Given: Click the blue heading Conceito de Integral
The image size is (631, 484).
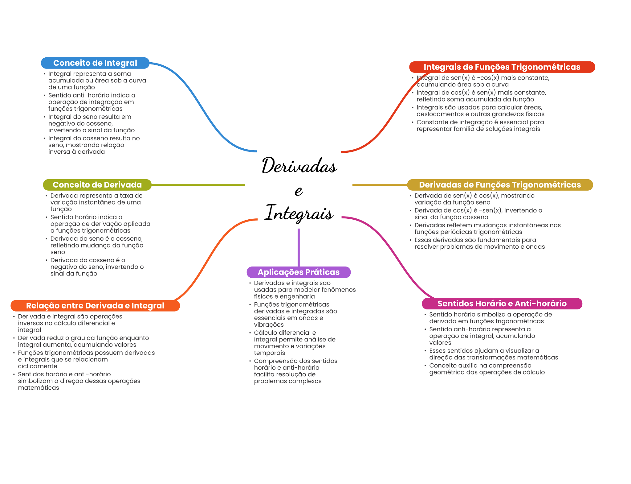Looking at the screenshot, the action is click(95, 63).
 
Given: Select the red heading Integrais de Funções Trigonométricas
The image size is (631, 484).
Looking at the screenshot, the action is click(502, 67).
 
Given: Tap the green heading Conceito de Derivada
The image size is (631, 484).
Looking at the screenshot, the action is click(97, 185).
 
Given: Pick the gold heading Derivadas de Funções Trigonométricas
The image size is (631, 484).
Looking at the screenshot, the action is click(500, 185).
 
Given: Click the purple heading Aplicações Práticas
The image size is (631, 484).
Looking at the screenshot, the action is click(299, 272).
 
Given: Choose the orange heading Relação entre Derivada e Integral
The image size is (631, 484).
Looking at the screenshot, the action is click(95, 306).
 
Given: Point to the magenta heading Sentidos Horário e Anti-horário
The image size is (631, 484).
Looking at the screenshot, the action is click(502, 304).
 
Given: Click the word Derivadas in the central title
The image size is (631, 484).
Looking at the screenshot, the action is click(299, 165).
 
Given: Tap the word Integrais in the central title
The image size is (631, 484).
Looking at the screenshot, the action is click(299, 213).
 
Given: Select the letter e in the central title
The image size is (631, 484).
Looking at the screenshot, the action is click(299, 191).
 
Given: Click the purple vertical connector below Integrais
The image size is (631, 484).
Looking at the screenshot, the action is click(299, 247).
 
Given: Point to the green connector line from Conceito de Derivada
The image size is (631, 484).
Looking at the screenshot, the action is click(198, 185).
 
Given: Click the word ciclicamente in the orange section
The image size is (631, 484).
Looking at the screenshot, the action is click(38, 366).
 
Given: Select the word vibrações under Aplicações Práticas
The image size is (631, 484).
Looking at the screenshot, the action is click(269, 325).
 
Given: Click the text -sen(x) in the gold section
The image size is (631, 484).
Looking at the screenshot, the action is click(490, 210).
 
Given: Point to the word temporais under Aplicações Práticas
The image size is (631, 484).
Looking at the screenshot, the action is click(269, 353).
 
